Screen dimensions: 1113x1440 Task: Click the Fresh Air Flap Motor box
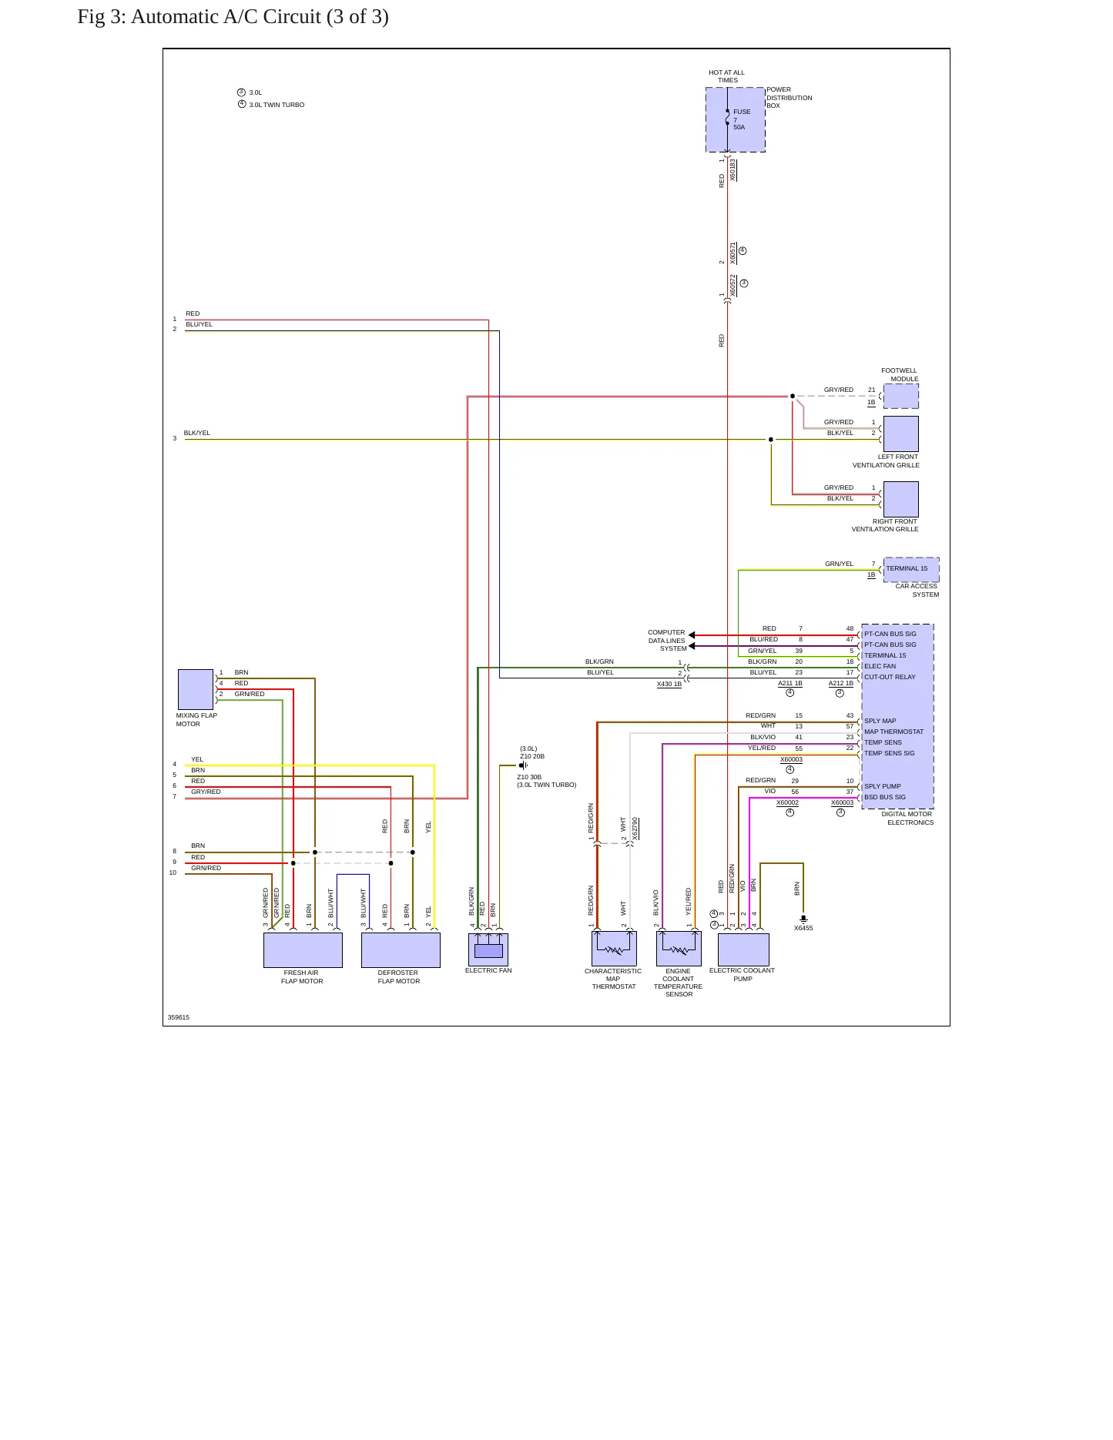303,950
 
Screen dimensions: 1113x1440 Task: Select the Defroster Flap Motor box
401,950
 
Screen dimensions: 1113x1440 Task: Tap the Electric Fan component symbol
488,949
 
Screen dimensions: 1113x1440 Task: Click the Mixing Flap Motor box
196,689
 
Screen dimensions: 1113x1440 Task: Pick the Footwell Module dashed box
901,396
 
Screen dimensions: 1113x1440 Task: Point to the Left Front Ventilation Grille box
901,434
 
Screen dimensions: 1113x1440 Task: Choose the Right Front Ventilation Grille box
901,499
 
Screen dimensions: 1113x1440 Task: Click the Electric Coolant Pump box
743,949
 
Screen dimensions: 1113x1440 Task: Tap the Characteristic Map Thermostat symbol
614,949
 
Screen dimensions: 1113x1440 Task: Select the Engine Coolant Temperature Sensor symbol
679,949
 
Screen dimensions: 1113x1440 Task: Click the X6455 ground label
803,928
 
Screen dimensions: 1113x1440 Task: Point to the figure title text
233,17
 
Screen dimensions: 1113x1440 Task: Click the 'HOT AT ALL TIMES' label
727,76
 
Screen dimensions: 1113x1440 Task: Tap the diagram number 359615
179,1017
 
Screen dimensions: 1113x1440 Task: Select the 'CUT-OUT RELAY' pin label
890,677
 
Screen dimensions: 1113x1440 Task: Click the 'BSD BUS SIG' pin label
885,797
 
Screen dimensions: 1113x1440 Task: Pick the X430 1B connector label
669,684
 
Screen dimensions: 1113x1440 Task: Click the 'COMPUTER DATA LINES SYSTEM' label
666,641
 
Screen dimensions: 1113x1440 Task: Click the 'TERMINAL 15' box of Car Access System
911,569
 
